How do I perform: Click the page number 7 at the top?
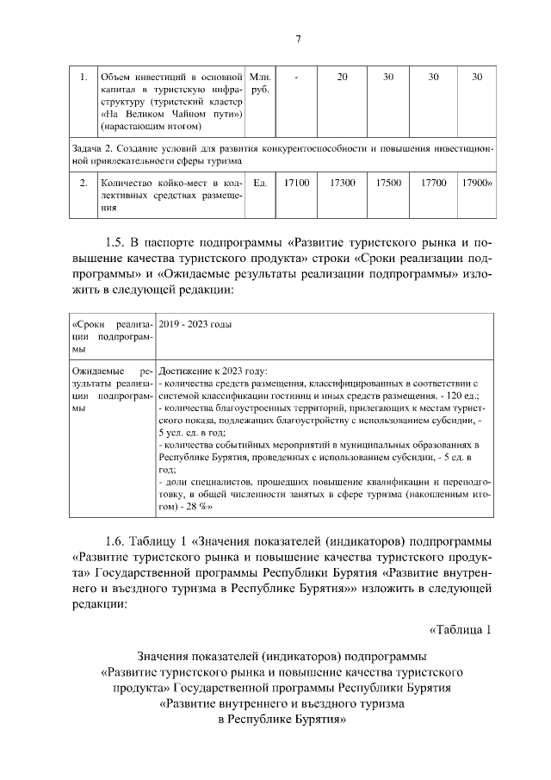pyautogui.click(x=298, y=39)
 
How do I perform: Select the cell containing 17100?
pyautogui.click(x=295, y=183)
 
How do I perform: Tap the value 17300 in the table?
pyautogui.click(x=342, y=183)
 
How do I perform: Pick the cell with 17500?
pyautogui.click(x=388, y=183)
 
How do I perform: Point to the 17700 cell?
pyautogui.click(x=433, y=183)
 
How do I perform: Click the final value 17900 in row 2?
pyautogui.click(x=477, y=183)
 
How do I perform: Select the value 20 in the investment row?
pyautogui.click(x=342, y=78)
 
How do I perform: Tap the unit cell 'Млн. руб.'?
pyautogui.click(x=259, y=84)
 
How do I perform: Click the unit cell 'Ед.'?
pyautogui.click(x=259, y=183)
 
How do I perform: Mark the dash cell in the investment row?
pyautogui.click(x=295, y=78)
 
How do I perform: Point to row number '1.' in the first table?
pyautogui.click(x=83, y=78)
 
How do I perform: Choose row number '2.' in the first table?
pyautogui.click(x=83, y=183)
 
